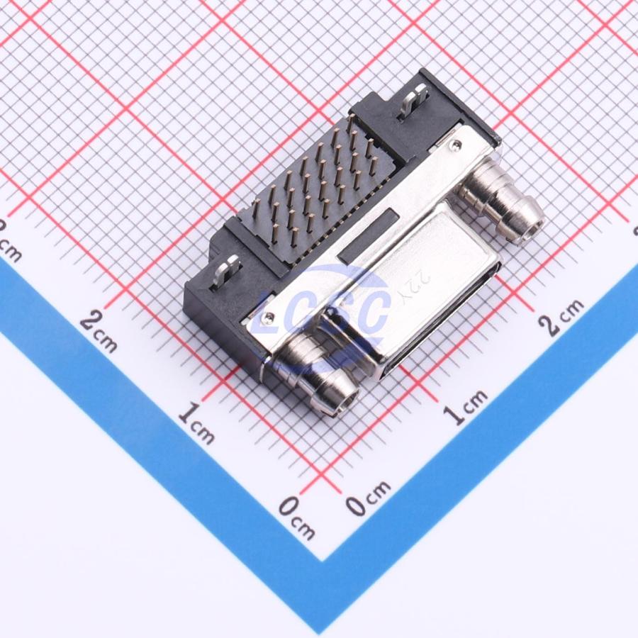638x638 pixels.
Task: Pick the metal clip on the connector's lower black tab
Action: tap(226, 272)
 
